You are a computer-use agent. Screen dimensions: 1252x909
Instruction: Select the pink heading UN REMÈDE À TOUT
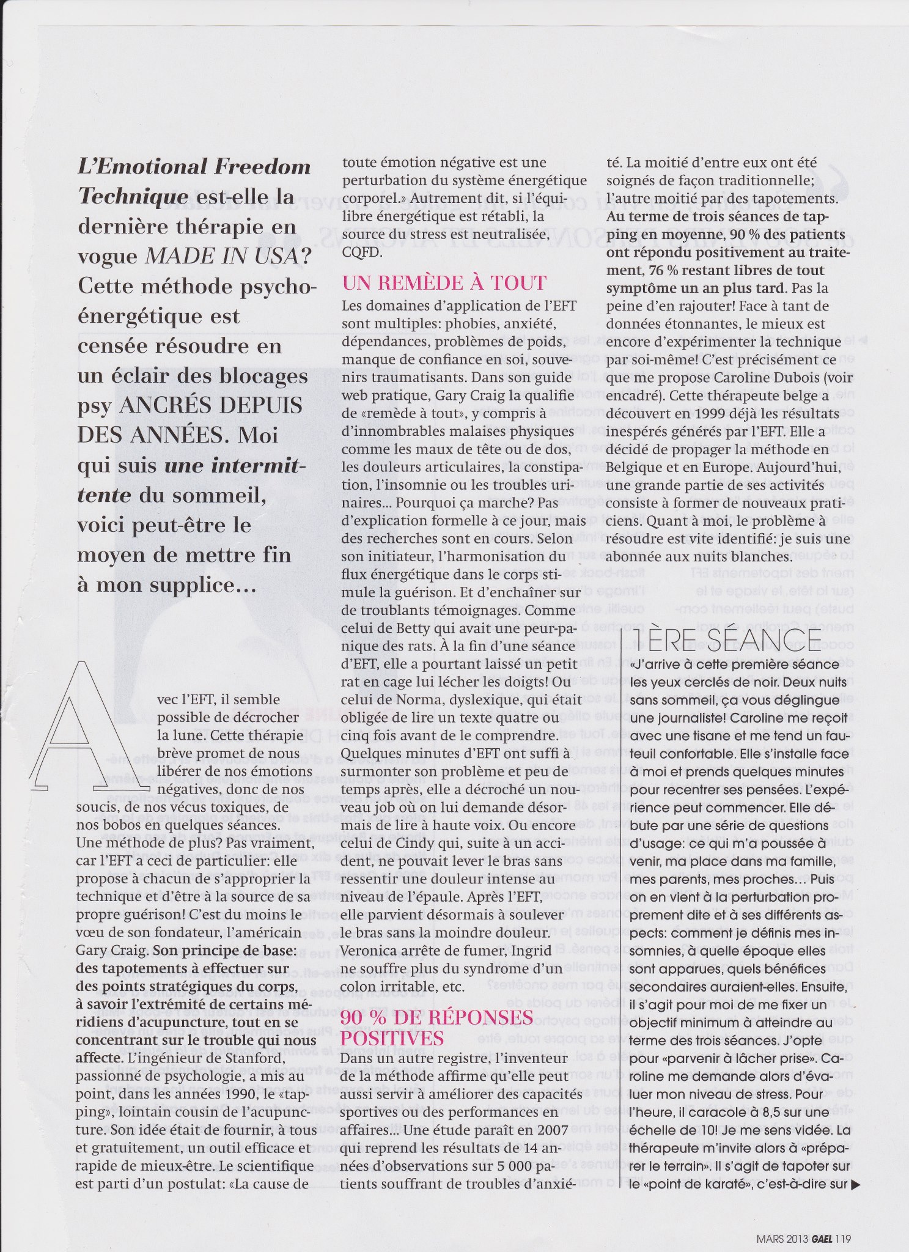[444, 283]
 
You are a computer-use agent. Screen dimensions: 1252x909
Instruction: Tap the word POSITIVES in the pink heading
[392, 1037]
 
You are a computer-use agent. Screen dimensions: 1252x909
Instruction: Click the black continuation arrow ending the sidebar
[855, 1184]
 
